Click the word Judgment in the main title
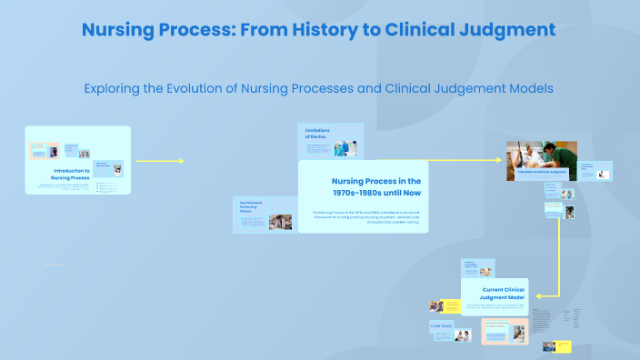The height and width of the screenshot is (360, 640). point(510,29)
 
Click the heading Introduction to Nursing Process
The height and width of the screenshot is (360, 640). point(71,174)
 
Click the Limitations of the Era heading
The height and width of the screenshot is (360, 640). point(318,134)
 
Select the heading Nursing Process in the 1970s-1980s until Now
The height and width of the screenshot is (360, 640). point(375,186)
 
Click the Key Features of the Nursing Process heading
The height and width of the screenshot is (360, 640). point(251,206)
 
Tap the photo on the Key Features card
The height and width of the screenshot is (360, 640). point(279,222)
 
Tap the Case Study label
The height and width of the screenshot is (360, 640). point(442,325)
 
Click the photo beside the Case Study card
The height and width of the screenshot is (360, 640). point(463,335)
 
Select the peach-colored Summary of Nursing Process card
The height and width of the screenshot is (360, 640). point(504,330)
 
